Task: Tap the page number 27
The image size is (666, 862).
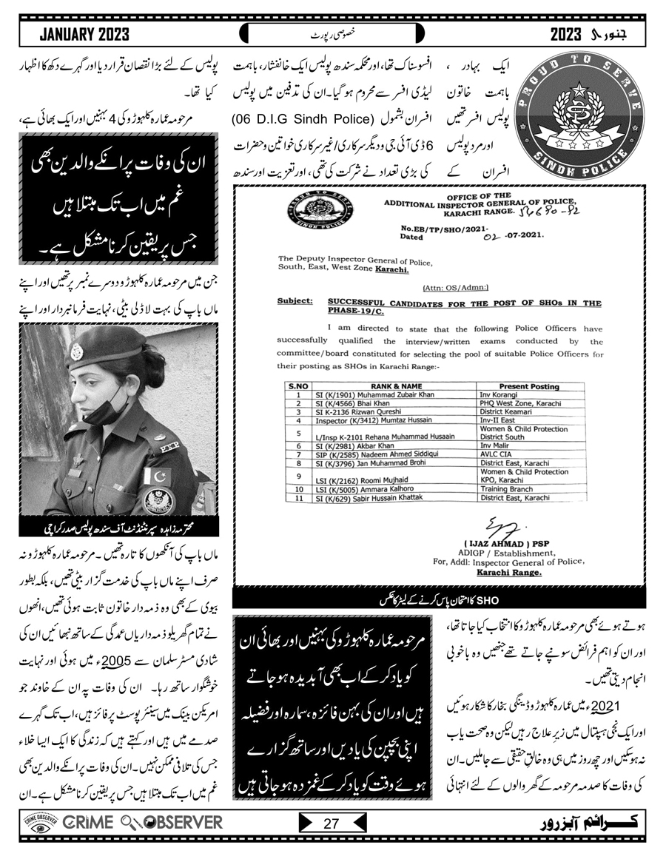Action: point(331,822)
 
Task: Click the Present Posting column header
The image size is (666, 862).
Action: point(529,386)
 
